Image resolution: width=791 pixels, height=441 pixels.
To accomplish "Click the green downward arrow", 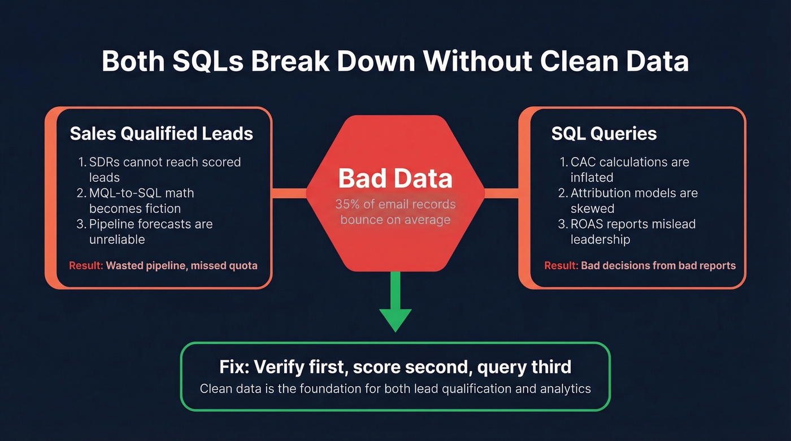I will pyautogui.click(x=395, y=305).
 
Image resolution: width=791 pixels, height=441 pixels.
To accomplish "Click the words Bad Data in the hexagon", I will pyautogui.click(x=395, y=178).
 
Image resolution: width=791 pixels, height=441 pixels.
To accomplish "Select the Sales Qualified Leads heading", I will pyautogui.click(x=161, y=133).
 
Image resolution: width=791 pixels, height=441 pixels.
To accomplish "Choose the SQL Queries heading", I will pyautogui.click(x=604, y=133).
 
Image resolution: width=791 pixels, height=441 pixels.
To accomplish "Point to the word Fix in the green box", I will pyautogui.click(x=234, y=367).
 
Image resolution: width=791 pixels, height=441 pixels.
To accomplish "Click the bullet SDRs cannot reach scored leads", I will pyautogui.click(x=164, y=169).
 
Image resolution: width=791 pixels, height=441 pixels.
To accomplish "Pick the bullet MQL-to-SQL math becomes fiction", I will pyautogui.click(x=141, y=200).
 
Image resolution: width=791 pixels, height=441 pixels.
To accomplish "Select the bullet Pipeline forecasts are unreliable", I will pyautogui.click(x=150, y=232).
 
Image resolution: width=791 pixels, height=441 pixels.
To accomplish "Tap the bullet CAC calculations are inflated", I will pyautogui.click(x=629, y=169).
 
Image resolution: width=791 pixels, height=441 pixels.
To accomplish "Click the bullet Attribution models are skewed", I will pyautogui.click(x=633, y=200).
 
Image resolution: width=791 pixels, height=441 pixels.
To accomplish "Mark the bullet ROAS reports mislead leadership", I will pyautogui.click(x=632, y=232).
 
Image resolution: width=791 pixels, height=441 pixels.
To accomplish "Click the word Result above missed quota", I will pyautogui.click(x=85, y=265).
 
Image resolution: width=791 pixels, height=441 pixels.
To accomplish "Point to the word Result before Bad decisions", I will pyautogui.click(x=560, y=265).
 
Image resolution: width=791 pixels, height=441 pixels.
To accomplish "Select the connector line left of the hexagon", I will pyautogui.click(x=289, y=193).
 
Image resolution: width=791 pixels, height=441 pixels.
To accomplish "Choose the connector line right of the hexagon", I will pyautogui.click(x=502, y=193).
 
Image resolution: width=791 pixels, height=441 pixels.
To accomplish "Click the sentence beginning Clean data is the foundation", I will pyautogui.click(x=395, y=388).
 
